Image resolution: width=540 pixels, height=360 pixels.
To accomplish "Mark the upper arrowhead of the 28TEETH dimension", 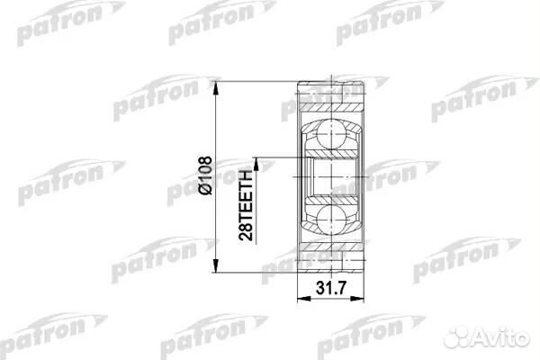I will coord(256,161).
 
